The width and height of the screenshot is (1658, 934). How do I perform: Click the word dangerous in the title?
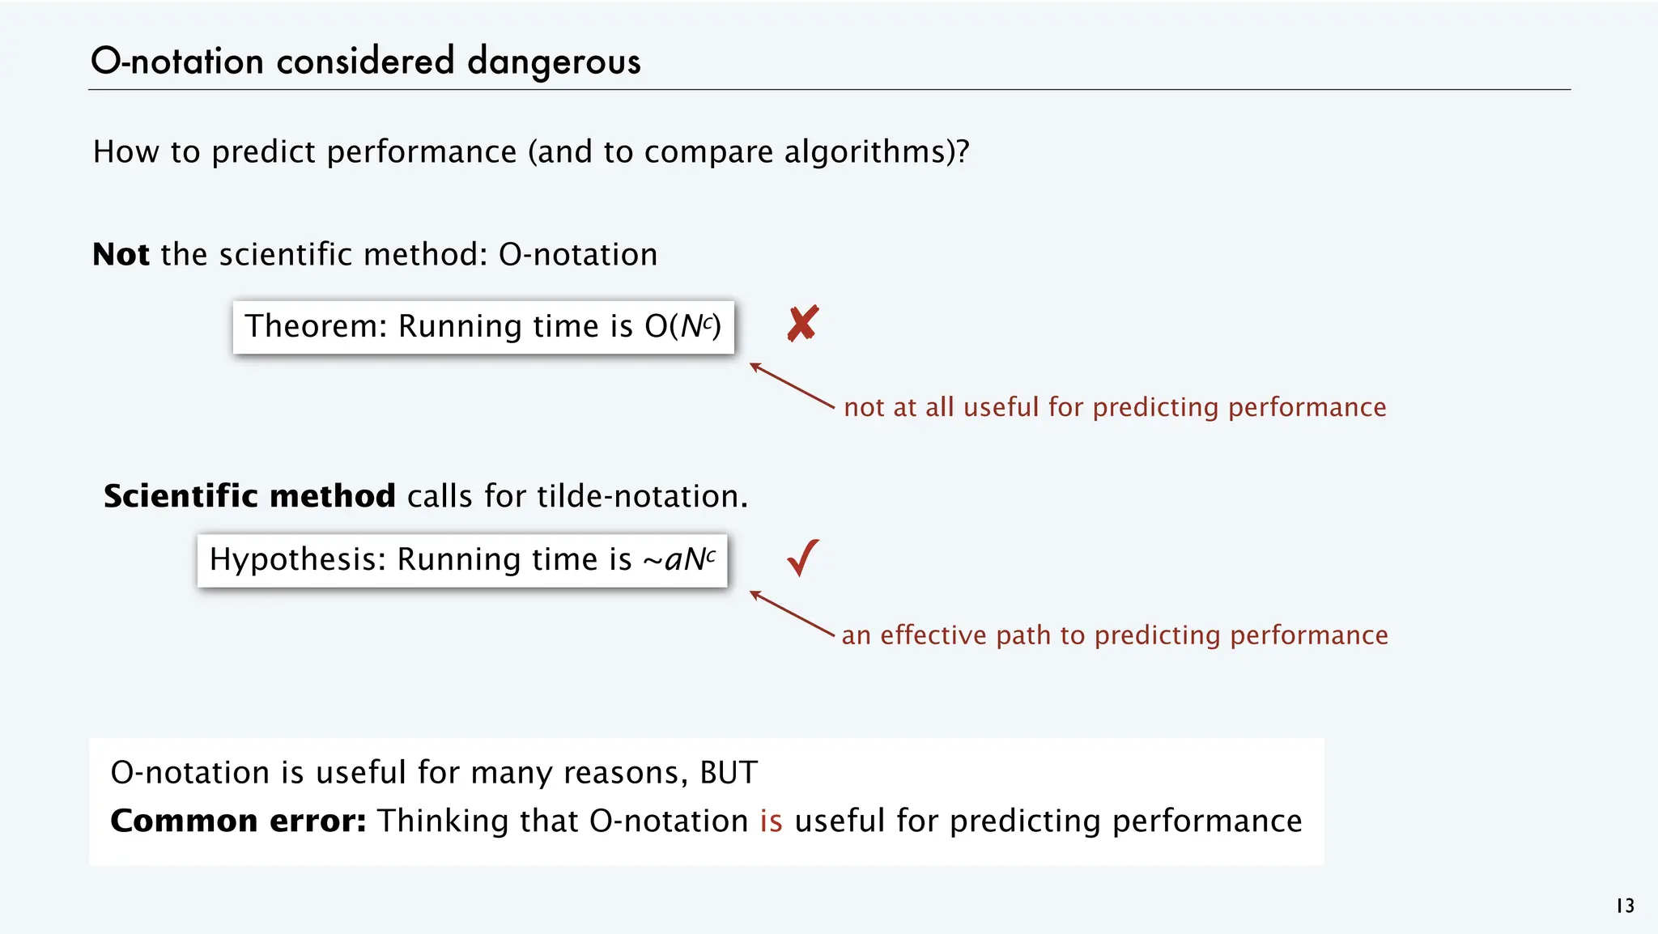[554, 62]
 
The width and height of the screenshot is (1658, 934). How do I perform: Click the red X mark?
[802, 324]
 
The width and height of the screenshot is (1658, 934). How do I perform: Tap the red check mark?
[803, 558]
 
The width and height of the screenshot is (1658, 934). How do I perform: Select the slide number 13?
[1625, 906]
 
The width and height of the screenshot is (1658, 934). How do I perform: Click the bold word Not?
[121, 254]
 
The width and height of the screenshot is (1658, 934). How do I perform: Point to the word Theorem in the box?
[311, 326]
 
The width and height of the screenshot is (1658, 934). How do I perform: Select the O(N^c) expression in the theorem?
[682, 326]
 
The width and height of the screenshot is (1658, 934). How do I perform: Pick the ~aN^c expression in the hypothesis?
[678, 559]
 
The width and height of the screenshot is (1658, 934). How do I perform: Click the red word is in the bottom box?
[771, 821]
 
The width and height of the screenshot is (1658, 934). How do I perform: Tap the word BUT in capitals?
[729, 773]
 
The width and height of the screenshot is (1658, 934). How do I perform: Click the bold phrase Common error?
[238, 821]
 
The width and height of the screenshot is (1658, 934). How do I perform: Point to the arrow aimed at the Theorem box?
[791, 385]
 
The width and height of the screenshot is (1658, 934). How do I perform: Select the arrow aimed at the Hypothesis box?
[791, 613]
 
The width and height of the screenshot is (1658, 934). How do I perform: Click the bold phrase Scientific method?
[249, 496]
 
